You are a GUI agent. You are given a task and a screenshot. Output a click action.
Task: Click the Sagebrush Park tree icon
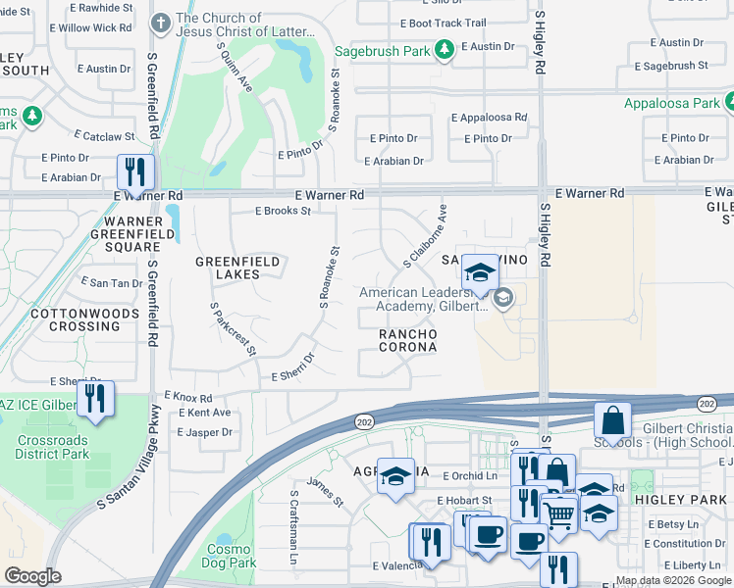click(x=444, y=48)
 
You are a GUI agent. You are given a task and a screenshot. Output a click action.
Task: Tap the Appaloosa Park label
click(x=671, y=102)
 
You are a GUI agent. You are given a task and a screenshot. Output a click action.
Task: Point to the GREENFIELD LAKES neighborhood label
click(x=237, y=268)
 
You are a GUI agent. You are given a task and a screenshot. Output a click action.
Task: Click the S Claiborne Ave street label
click(x=425, y=236)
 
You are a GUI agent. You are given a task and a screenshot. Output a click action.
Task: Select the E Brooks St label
click(x=283, y=211)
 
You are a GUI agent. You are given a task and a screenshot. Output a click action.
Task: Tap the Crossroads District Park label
click(x=52, y=447)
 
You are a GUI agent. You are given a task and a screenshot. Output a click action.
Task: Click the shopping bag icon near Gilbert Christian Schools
click(x=612, y=420)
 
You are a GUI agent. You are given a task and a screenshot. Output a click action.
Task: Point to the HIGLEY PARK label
click(x=695, y=499)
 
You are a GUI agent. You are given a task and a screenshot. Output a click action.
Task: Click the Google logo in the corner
click(x=32, y=575)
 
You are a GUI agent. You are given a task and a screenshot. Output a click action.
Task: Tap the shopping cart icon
click(x=558, y=513)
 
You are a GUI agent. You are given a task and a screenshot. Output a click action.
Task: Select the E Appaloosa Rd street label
click(x=488, y=117)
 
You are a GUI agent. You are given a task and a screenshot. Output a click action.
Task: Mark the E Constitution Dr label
click(x=687, y=544)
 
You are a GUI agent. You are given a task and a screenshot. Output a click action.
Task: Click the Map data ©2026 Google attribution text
click(x=673, y=580)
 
